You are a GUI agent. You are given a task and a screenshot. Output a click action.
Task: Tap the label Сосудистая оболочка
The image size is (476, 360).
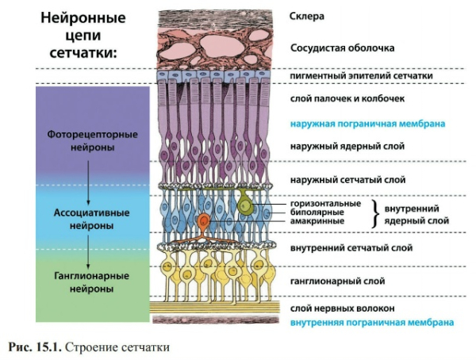(x=343, y=48)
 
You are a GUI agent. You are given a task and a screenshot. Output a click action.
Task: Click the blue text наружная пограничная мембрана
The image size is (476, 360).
(x=363, y=124)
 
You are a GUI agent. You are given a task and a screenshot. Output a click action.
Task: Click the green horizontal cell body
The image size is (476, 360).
(x=247, y=208)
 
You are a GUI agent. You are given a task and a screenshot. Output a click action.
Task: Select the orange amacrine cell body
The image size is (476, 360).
(x=204, y=221)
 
